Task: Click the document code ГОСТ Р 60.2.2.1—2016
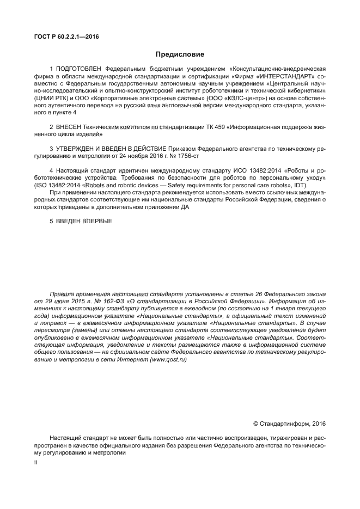62,38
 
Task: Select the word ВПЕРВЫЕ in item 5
91,222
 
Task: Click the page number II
35,462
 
